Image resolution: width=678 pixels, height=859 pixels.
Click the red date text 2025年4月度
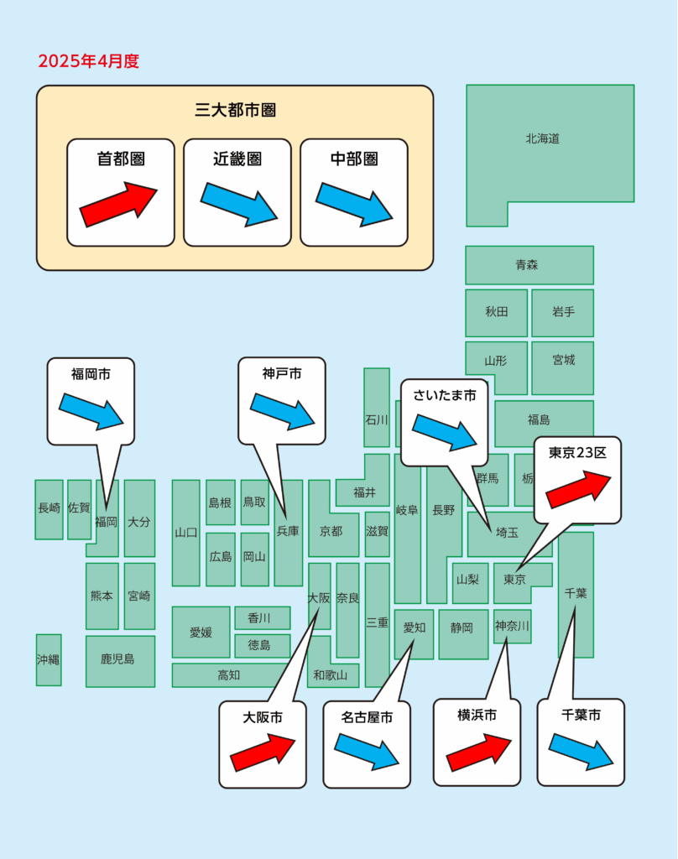click(89, 60)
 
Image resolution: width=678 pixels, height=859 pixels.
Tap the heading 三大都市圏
click(235, 110)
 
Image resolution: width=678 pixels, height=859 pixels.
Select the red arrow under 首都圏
click(118, 205)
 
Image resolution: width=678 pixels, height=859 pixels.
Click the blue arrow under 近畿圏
click(239, 205)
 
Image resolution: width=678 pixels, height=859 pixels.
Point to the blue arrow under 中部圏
click(354, 205)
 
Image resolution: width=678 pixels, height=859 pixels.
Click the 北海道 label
click(543, 138)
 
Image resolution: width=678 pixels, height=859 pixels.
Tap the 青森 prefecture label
click(527, 265)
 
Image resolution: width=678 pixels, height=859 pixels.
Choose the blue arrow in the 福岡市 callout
click(91, 411)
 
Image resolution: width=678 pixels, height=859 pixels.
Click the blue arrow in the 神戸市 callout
click(282, 411)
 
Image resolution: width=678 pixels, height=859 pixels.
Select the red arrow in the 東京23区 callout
click(578, 489)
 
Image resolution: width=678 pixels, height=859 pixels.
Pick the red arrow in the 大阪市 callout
click(263, 753)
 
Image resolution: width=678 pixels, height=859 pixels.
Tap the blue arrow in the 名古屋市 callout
click(367, 752)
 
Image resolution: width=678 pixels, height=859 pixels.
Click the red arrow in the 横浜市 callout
click(478, 753)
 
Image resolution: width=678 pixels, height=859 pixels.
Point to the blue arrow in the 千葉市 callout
click(581, 752)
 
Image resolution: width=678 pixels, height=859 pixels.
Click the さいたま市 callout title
click(445, 396)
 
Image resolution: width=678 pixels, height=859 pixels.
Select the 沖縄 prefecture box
click(49, 659)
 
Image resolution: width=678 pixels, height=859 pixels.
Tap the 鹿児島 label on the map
click(117, 659)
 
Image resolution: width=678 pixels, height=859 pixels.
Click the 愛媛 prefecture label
click(201, 633)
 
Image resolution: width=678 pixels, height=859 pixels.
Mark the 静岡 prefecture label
click(462, 627)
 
